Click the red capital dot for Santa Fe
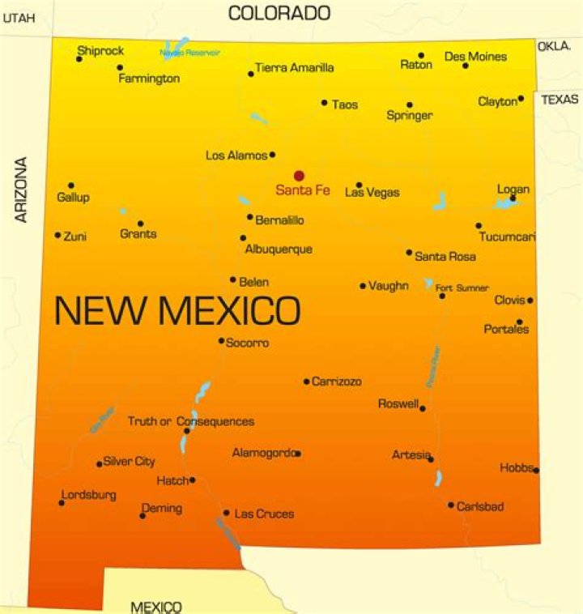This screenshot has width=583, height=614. pyautogui.click(x=299, y=175)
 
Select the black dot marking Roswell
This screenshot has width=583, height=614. pyautogui.click(x=423, y=408)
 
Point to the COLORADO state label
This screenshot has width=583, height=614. pyautogui.click(x=279, y=13)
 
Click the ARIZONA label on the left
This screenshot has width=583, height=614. pyautogui.click(x=22, y=190)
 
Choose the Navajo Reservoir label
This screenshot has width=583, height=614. pyautogui.click(x=189, y=53)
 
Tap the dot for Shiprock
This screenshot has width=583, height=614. pyautogui.click(x=79, y=59)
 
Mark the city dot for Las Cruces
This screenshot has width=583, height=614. pyautogui.click(x=226, y=513)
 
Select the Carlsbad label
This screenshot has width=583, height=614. pyautogui.click(x=480, y=506)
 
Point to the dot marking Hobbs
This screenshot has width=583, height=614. pyautogui.click(x=536, y=470)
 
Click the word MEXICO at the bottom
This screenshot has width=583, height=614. pyautogui.click(x=156, y=606)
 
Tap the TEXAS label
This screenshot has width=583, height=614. pyautogui.click(x=560, y=100)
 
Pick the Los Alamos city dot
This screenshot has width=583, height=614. pyautogui.click(x=272, y=154)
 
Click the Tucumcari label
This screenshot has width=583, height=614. pyautogui.click(x=507, y=237)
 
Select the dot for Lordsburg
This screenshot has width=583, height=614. pyautogui.click(x=62, y=503)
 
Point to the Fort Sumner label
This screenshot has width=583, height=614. pyautogui.click(x=462, y=288)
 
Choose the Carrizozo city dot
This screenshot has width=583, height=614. pyautogui.click(x=306, y=382)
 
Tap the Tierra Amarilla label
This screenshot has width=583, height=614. pyautogui.click(x=294, y=68)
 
